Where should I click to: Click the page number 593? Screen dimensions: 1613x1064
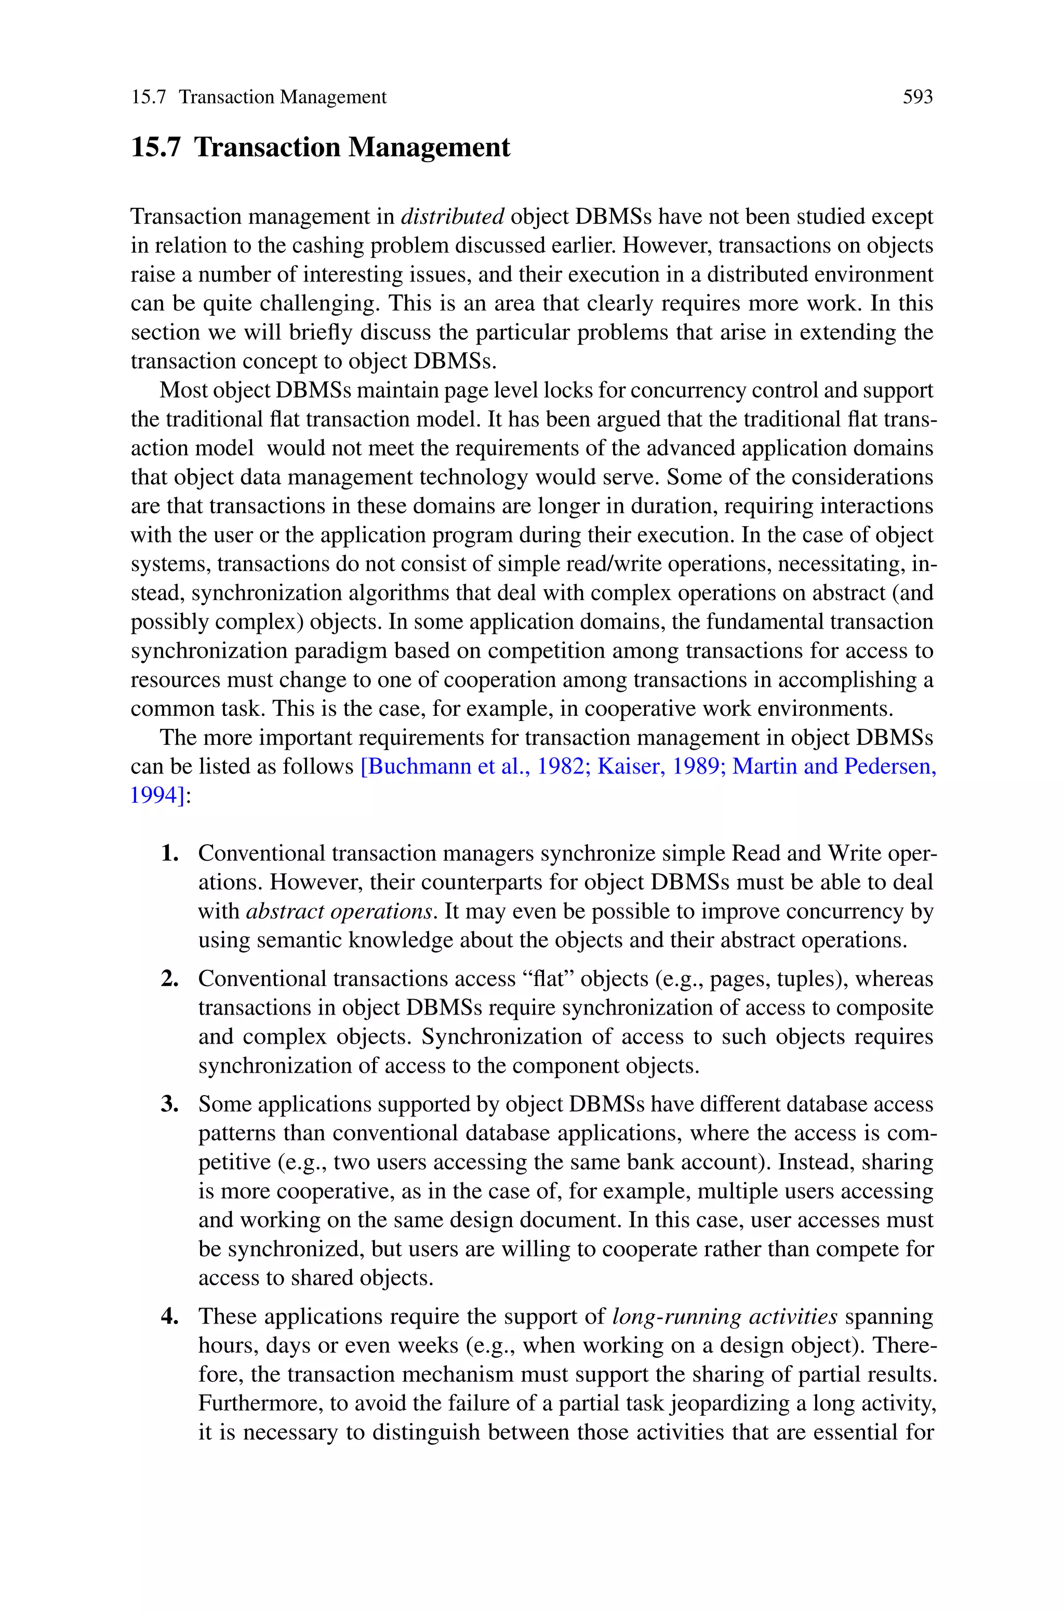(917, 97)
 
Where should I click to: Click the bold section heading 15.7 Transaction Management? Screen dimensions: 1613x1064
(320, 147)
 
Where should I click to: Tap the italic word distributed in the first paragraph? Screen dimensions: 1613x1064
(453, 217)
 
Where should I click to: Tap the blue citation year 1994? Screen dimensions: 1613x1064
(155, 795)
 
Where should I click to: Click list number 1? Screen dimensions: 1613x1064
(170, 852)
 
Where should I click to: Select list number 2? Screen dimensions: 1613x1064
(170, 979)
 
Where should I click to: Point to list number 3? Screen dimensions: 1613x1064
(170, 1104)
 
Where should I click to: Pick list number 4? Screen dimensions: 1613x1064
(170, 1316)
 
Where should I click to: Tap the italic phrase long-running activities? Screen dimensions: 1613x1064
(725, 1316)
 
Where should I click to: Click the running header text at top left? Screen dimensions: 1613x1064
(259, 97)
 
